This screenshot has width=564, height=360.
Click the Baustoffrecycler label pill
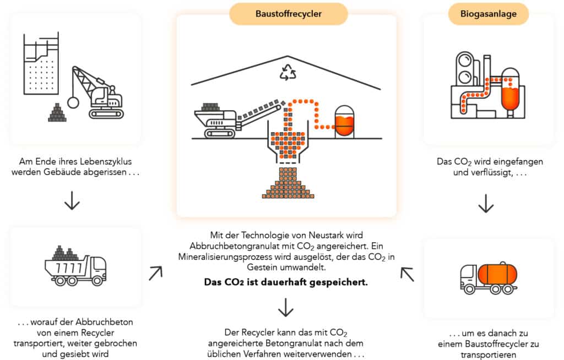289,14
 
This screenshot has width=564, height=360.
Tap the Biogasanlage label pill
489,14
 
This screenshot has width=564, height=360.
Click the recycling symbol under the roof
288,73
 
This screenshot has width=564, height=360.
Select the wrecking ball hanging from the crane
73,102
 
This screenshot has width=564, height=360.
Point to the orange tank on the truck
497,274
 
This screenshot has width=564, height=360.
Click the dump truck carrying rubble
75,268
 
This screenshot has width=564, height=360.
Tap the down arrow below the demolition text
72,201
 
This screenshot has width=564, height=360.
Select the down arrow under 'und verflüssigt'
485,204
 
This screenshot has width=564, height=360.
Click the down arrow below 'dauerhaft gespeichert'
285,308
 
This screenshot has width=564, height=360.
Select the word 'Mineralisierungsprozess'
227,257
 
